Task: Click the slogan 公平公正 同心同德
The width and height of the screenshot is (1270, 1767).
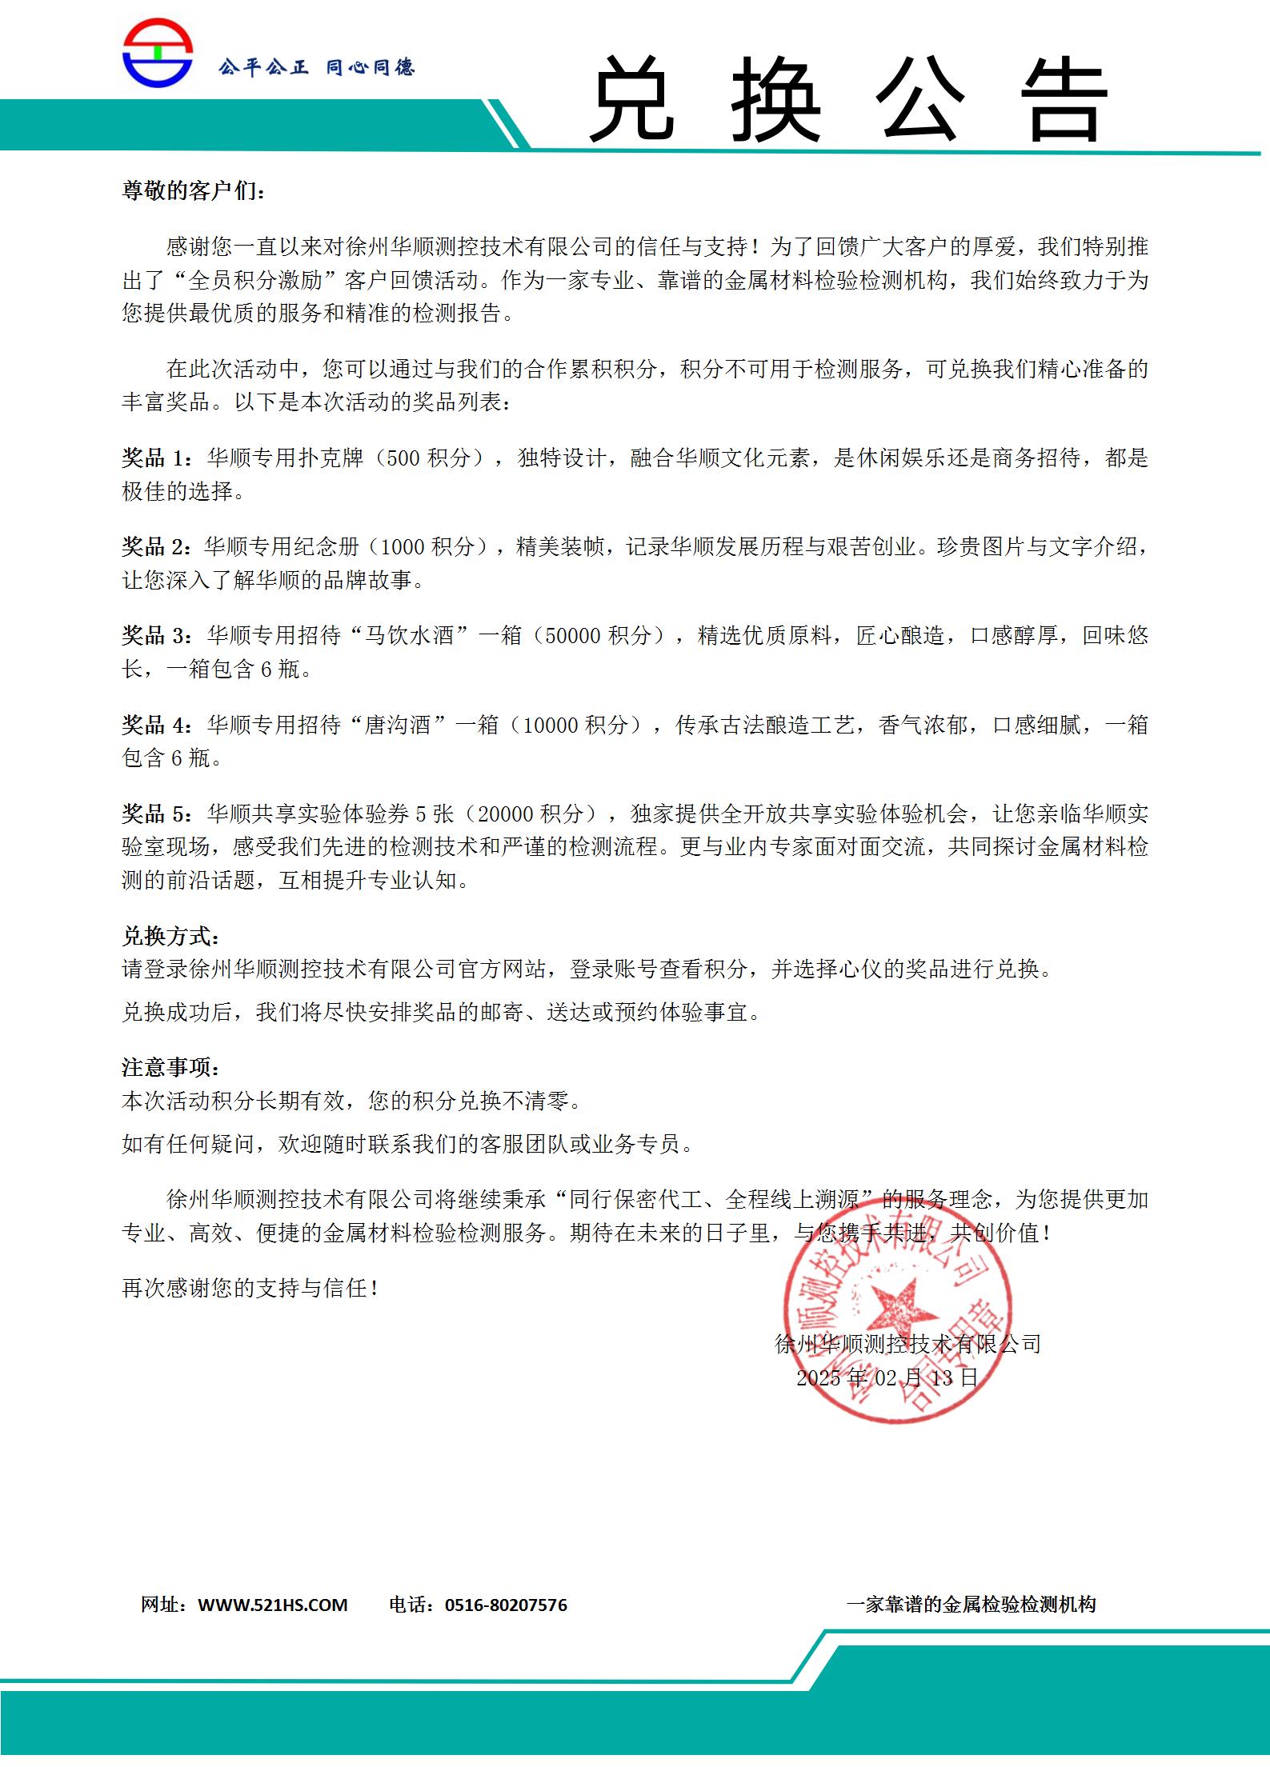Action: (316, 67)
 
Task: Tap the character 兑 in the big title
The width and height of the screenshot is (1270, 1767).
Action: (632, 99)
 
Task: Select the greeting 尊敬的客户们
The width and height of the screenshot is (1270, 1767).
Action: (193, 190)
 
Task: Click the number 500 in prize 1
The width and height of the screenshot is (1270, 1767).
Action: (403, 458)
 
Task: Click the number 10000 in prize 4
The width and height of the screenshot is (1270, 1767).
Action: (550, 726)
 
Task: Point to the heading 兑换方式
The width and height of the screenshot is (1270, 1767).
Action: (170, 936)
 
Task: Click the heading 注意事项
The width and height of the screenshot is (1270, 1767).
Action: (170, 1068)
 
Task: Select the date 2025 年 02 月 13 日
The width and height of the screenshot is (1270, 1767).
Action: (887, 1377)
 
